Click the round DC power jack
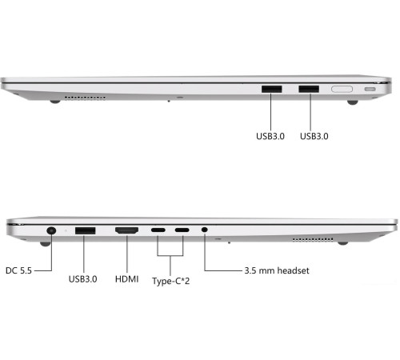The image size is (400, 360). pyautogui.click(x=52, y=230)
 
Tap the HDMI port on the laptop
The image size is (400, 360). pyautogui.click(x=126, y=232)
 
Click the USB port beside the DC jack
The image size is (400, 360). pyautogui.click(x=85, y=232)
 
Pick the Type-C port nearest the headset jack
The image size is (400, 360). pyautogui.click(x=182, y=232)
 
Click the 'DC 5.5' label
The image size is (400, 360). pyautogui.click(x=22, y=270)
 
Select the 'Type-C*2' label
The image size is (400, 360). pyautogui.click(x=174, y=282)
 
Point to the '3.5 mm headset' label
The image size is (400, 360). pyautogui.click(x=276, y=270)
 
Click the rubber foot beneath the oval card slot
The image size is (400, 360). pyautogui.click(x=351, y=102)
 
